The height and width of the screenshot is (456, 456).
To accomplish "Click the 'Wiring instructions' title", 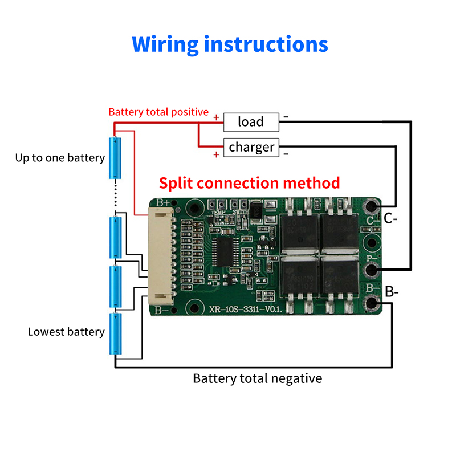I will coord(230,44).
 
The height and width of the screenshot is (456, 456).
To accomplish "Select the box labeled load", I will coord(251,121).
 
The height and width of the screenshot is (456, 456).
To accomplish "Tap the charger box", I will coord(251,148).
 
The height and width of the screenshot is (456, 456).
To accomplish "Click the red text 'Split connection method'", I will coord(249,183).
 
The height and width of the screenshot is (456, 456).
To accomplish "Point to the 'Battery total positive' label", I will coord(158,112).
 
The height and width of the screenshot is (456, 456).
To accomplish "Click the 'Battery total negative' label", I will coord(257,378).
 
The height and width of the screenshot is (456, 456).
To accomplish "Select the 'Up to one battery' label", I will coord(60,158).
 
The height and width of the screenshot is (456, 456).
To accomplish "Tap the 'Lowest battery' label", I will coord(66,332).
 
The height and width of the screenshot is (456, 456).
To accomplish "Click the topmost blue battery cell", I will coord(116,158).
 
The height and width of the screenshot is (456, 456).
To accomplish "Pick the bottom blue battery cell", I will coord(116,333).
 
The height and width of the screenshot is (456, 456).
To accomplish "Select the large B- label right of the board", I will coord(392,292).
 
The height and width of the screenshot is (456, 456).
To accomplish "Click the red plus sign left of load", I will coord(216,118).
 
